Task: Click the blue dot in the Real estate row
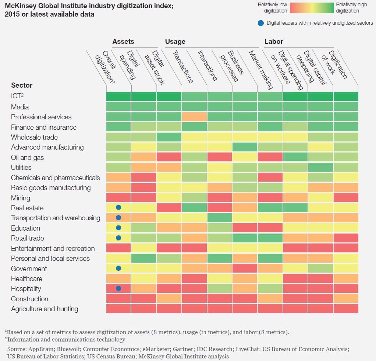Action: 118,208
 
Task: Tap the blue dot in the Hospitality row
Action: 118,288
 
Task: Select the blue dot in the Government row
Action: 118,269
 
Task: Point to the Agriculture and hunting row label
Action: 45,309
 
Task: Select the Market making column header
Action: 260,70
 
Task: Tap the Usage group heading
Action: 175,42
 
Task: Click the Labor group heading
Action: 274,42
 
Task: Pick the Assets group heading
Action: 123,42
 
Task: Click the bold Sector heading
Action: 22,85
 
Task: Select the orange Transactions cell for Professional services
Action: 194,117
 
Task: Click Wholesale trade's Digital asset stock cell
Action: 169,137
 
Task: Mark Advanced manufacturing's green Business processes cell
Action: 244,147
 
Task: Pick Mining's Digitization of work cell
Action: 345,198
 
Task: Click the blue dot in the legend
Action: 261,23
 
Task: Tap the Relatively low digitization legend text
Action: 272,8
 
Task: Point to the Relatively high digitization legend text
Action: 351,8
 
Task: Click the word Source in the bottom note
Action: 17,349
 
